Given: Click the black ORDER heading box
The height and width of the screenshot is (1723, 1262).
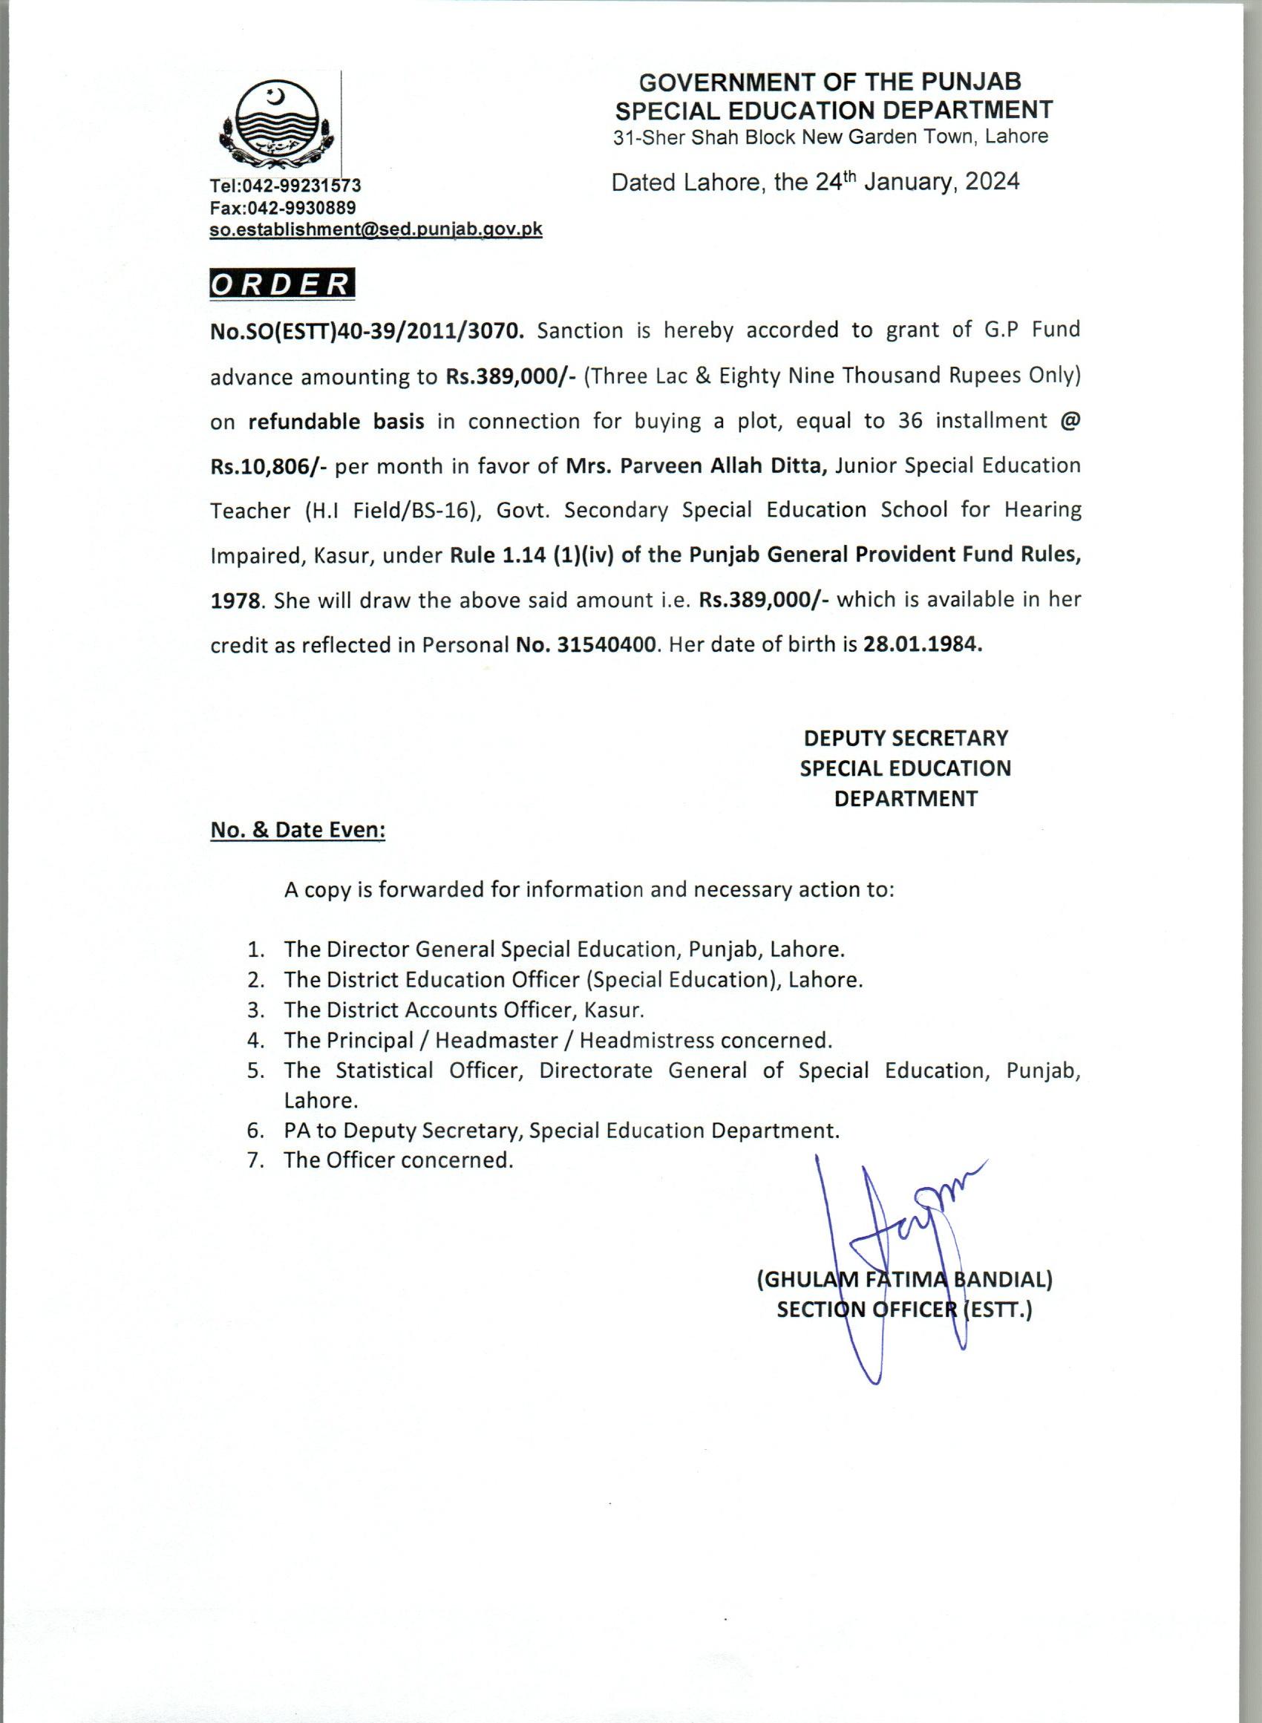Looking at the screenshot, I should point(282,284).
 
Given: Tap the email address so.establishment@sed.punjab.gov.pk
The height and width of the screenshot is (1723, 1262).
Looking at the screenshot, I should point(376,229).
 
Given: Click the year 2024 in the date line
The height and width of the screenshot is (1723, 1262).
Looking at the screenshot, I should point(991,182).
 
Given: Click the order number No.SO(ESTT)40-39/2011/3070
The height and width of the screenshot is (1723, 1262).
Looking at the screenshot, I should point(367,330).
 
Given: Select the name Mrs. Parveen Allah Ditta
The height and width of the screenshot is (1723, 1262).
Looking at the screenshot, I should point(696,465).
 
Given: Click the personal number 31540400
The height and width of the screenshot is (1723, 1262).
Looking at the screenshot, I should point(607,644).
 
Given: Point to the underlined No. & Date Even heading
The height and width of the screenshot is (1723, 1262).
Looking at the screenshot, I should point(298,830).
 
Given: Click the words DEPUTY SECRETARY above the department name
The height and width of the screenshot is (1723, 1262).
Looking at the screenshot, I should point(905,738).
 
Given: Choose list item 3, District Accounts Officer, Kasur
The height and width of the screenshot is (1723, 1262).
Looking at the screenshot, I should point(464,1010).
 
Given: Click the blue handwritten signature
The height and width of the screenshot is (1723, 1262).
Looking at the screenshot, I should point(901,1238).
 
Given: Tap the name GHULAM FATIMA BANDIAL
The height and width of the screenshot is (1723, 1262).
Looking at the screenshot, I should point(904,1279).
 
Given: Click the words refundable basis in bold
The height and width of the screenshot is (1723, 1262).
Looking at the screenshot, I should point(336,421).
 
